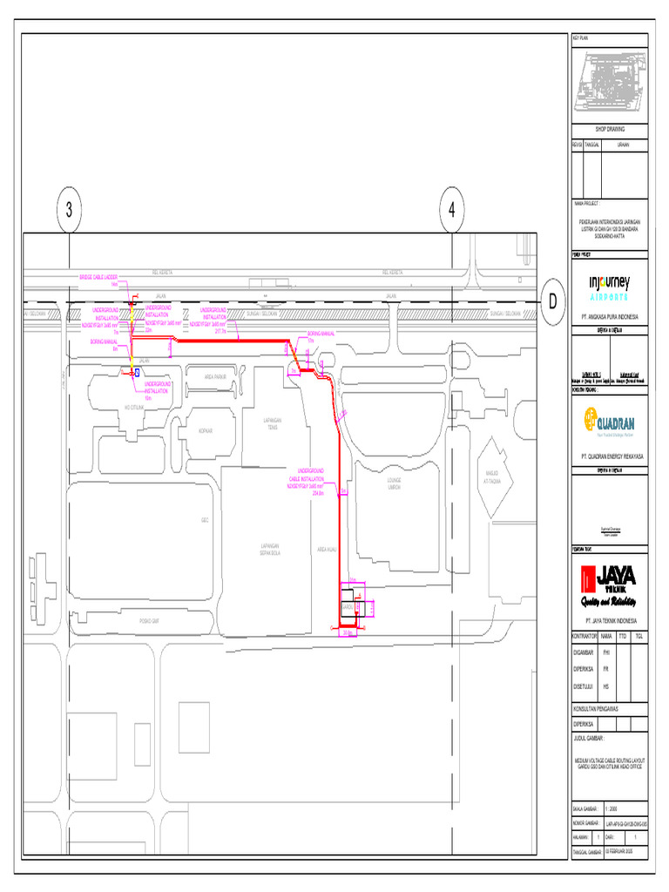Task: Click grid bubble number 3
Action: coord(69,210)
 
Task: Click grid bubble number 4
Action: coord(451,210)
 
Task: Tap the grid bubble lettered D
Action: coord(551,301)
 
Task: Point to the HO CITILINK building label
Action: coord(135,407)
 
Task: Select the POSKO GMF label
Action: coord(149,620)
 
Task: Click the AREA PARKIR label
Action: coord(215,376)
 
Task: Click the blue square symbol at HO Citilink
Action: coord(137,372)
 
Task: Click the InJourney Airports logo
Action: coord(610,286)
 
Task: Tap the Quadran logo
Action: coord(610,422)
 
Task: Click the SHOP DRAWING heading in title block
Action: coord(610,128)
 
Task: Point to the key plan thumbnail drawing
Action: coord(610,83)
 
